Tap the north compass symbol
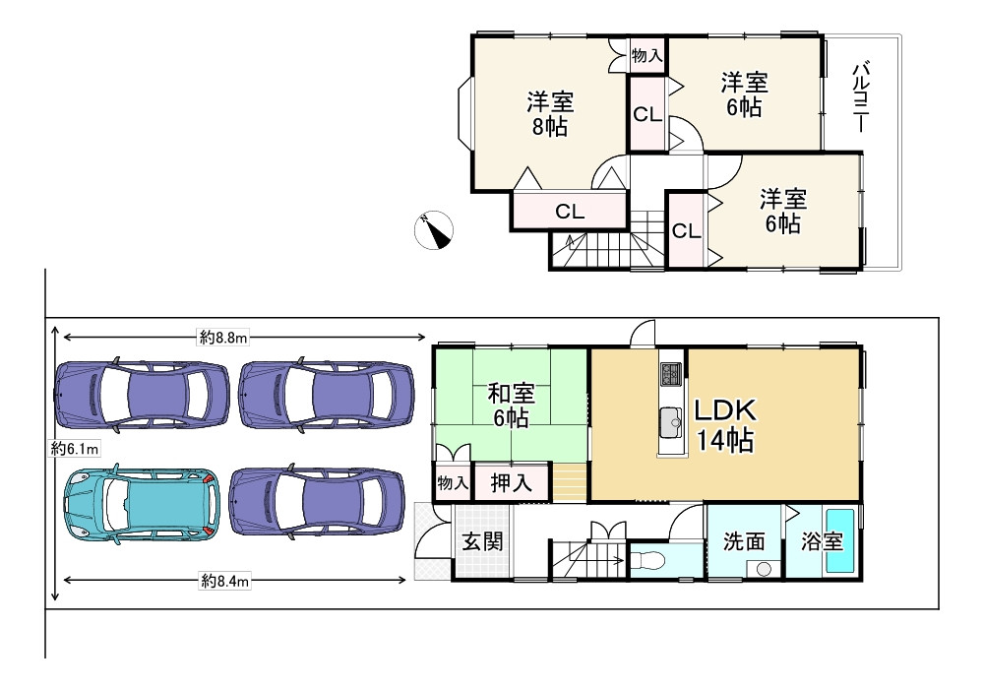click(434, 229)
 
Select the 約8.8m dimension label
click(224, 338)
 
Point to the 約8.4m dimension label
click(224, 581)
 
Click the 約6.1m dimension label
click(75, 449)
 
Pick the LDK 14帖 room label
click(725, 425)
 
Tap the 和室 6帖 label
click(512, 406)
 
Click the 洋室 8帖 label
click(550, 114)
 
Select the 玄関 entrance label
click(482, 541)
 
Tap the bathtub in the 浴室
click(839, 541)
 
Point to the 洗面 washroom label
click(744, 541)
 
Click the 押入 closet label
click(512, 482)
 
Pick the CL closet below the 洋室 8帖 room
click(570, 212)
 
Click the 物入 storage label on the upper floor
click(647, 56)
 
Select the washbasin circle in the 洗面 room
click(764, 569)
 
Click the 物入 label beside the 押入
click(453, 482)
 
